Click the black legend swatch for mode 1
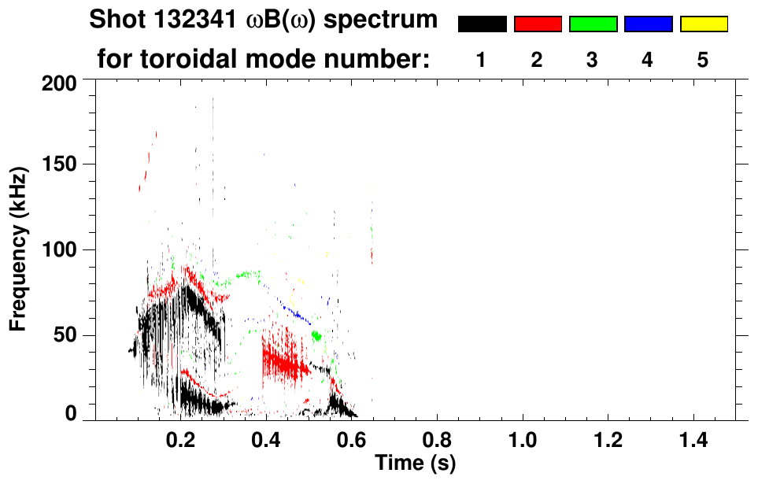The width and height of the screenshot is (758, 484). coord(482,24)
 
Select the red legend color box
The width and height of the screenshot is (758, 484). coord(538,24)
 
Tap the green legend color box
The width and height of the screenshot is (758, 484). coord(593,24)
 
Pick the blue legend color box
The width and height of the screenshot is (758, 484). coord(648,24)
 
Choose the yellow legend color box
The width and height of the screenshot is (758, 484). coord(704,24)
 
